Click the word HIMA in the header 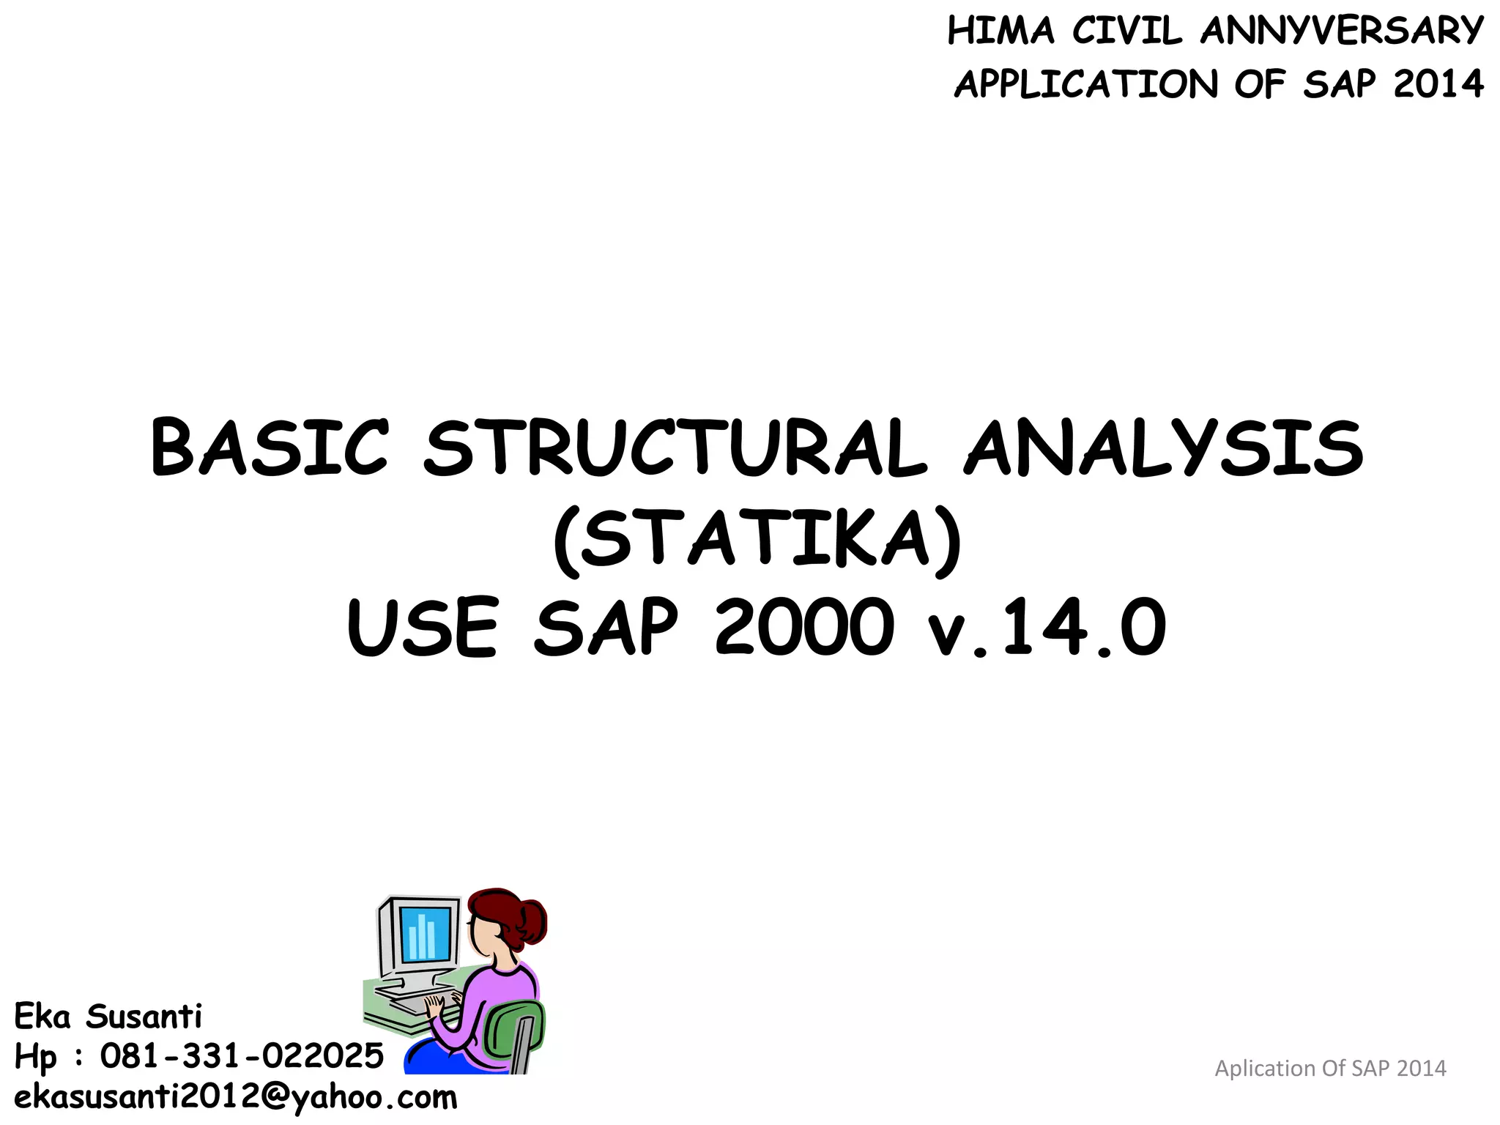[1001, 31]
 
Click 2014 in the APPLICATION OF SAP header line [1438, 84]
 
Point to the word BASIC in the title [268, 448]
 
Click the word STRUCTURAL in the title [675, 448]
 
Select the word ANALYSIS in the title [1165, 448]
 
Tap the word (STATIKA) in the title [756, 540]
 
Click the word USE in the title [423, 628]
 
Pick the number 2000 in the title [804, 628]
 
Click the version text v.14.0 [1047, 628]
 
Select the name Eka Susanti [108, 1017]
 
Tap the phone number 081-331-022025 [242, 1056]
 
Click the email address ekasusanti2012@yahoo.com [235, 1097]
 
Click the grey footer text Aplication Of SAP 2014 [1330, 1069]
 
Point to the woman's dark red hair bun [532, 924]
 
